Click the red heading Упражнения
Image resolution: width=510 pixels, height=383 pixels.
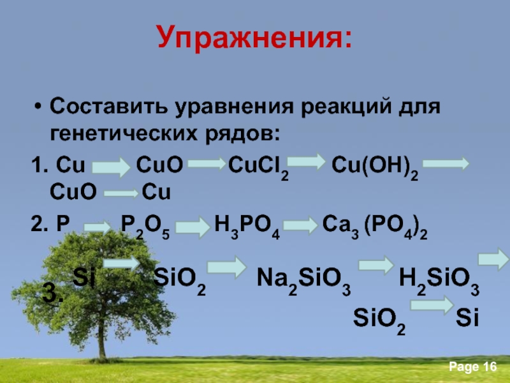click(254, 36)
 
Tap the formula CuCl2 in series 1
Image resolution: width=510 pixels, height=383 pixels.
click(259, 167)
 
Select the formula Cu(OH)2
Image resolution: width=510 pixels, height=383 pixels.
click(375, 167)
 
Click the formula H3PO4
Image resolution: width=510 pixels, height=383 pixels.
click(247, 227)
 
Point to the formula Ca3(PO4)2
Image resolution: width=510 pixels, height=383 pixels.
click(375, 227)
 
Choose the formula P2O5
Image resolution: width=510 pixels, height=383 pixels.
click(145, 227)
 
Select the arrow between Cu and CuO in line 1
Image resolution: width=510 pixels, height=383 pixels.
click(111, 167)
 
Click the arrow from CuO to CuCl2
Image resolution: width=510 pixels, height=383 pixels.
click(207, 163)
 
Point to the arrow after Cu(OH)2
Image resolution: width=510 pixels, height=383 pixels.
click(446, 163)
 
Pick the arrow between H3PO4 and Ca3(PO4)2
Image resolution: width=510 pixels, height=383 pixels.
click(300, 225)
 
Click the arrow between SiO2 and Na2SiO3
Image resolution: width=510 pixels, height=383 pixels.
click(227, 267)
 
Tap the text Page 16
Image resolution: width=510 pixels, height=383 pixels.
click(473, 367)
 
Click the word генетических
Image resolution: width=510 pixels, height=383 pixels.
click(124, 133)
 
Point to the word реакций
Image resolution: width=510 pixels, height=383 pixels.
click(346, 107)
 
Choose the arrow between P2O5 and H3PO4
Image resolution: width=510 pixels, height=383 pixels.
click(193, 227)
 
